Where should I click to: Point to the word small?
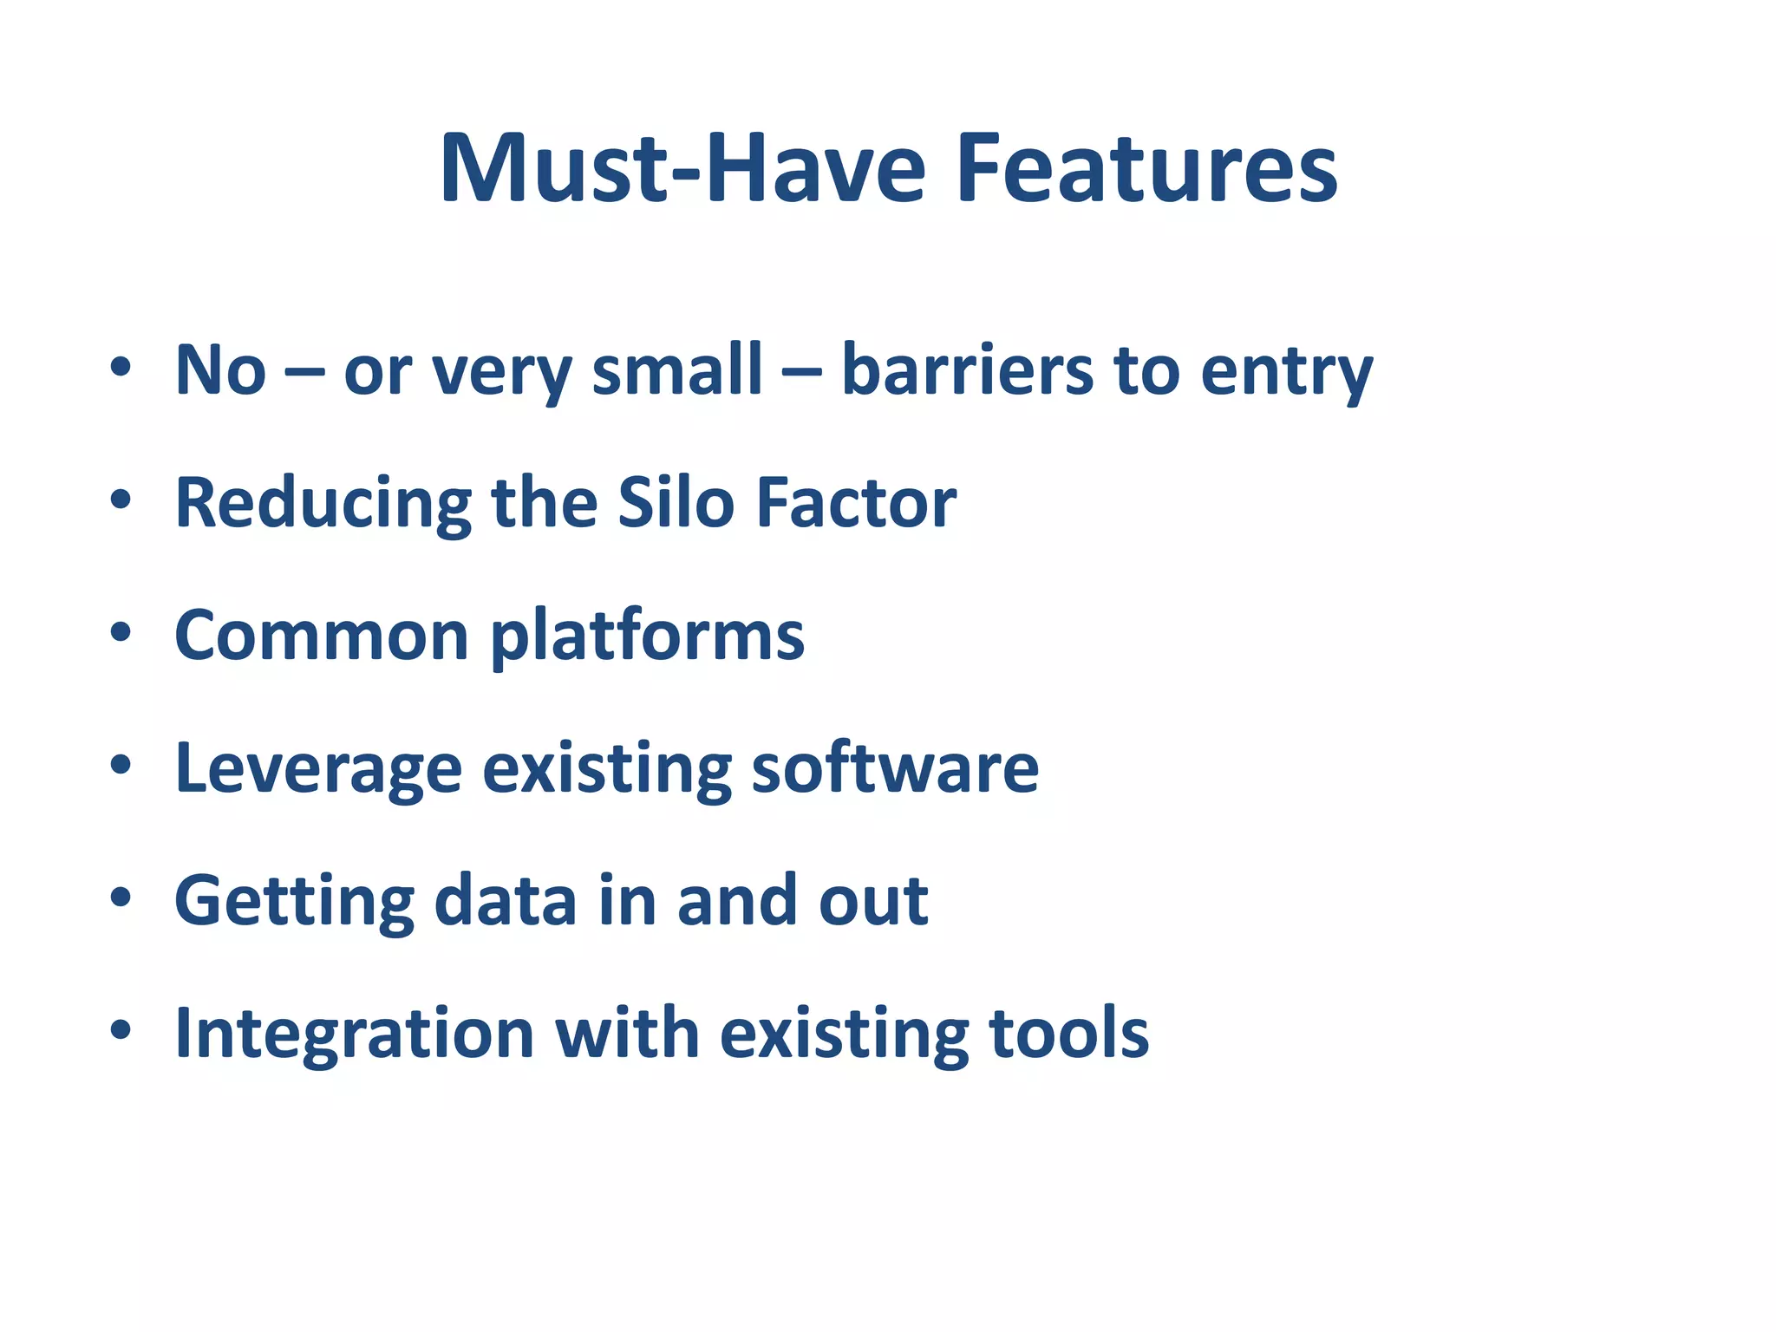coord(676,370)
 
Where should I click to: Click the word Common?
coord(322,636)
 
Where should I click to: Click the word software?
coord(895,768)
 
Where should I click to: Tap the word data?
coord(506,901)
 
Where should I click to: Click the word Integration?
coord(354,1035)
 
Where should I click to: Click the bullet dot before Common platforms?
coord(121,632)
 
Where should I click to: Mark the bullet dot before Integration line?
coord(121,1029)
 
